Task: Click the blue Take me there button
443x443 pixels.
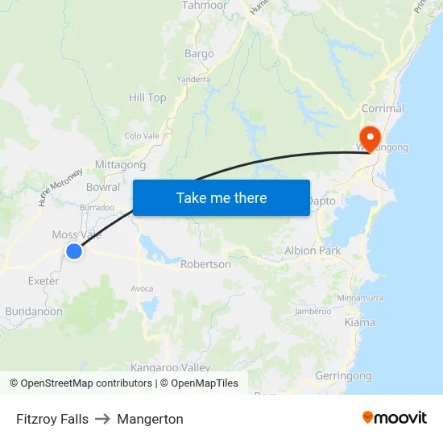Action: click(221, 197)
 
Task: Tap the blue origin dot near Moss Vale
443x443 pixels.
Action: click(73, 251)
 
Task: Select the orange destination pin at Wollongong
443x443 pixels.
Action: click(371, 138)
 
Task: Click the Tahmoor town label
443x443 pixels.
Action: click(204, 5)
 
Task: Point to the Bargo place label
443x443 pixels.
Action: click(199, 54)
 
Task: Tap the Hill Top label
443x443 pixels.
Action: click(147, 97)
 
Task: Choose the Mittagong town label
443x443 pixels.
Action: click(121, 165)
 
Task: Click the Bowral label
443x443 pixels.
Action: click(103, 187)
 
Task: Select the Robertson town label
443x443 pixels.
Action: click(205, 264)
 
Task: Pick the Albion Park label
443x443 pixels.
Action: click(313, 250)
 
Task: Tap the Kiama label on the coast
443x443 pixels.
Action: click(359, 322)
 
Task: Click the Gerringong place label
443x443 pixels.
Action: click(344, 376)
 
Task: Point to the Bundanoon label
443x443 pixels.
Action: click(34, 311)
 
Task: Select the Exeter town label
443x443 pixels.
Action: click(43, 281)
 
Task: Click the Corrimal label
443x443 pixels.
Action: click(383, 108)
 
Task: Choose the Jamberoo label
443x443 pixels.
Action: click(313, 311)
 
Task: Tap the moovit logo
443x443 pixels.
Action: click(394, 418)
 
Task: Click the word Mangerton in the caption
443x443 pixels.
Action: click(150, 419)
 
